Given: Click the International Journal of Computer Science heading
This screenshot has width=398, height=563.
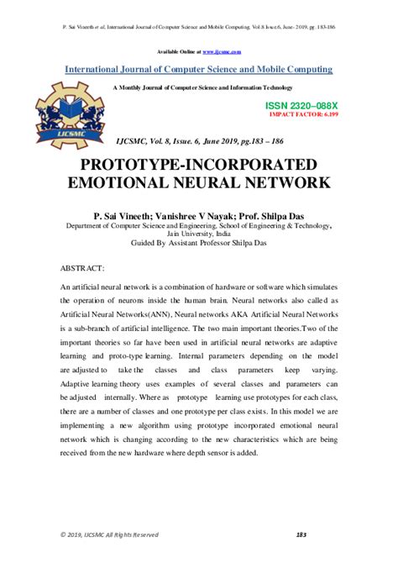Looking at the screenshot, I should pos(199,69).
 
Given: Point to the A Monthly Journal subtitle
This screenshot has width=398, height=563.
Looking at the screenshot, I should pos(199,87).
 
